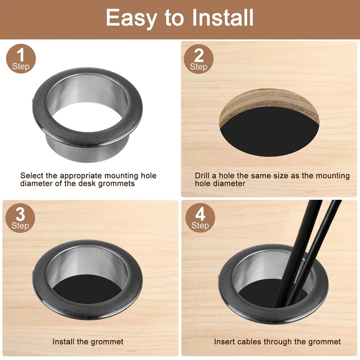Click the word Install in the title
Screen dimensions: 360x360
[x=223, y=18]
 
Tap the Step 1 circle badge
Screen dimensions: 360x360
[x=21, y=59]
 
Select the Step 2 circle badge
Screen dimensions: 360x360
[x=198, y=59]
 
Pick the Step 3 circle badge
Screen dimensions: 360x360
[x=20, y=218]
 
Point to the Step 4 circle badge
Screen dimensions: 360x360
[x=200, y=218]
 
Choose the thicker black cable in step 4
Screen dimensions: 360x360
[x=296, y=252]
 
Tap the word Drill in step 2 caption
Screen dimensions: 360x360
[x=202, y=175]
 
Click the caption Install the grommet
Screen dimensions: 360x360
[x=88, y=342]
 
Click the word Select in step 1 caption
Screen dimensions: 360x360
[x=31, y=175]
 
